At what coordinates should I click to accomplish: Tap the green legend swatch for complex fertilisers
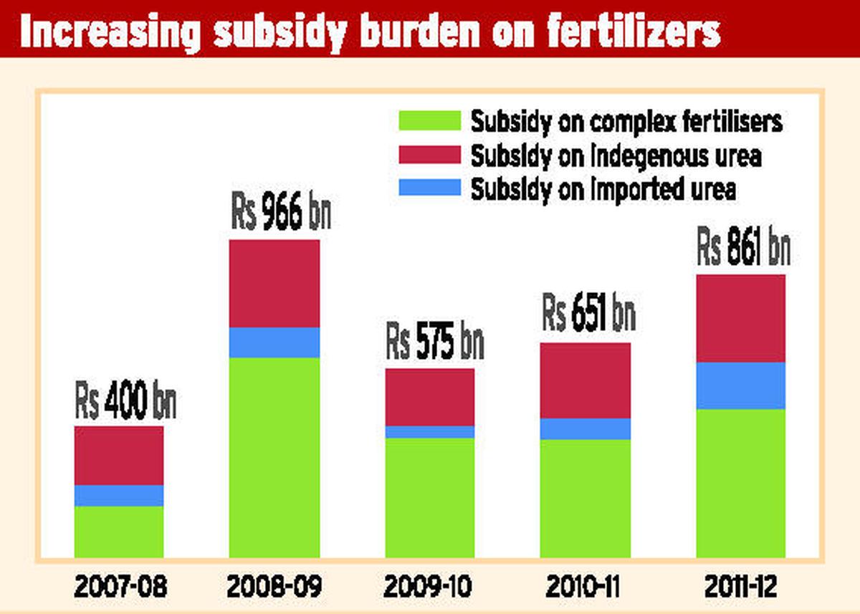tap(429, 120)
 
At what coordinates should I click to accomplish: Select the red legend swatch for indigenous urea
tap(429, 155)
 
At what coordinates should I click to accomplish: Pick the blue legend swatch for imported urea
tap(429, 188)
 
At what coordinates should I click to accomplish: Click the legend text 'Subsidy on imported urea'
tap(603, 189)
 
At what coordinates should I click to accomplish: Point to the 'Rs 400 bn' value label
tap(125, 403)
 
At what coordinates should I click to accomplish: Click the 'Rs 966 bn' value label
tap(280, 213)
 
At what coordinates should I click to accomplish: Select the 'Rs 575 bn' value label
tap(434, 343)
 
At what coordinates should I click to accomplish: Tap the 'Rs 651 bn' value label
tap(588, 315)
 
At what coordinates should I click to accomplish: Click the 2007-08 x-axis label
tap(120, 587)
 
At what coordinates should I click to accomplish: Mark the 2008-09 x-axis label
tap(274, 587)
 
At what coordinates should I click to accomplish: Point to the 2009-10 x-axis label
tap(429, 587)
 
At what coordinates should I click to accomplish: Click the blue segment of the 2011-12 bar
tap(741, 385)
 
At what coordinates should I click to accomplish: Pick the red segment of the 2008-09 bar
tap(274, 283)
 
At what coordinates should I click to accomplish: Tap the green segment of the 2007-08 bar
tap(119, 532)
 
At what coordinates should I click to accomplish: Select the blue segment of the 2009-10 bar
tap(430, 431)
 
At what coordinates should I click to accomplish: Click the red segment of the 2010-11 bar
tap(586, 380)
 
